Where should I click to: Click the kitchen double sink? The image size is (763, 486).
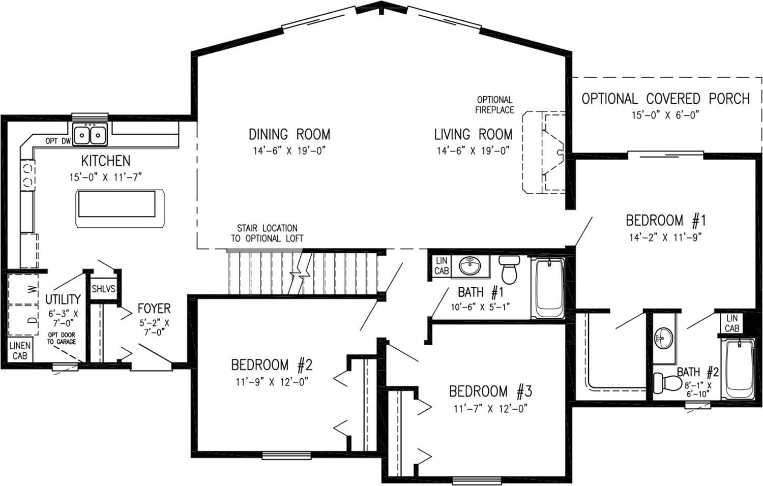90,135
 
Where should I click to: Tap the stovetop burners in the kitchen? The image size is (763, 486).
27,174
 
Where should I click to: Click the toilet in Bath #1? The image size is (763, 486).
509,269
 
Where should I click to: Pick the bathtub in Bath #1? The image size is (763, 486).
548,288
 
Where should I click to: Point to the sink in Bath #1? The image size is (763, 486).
471,266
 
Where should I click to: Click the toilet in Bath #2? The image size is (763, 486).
666,382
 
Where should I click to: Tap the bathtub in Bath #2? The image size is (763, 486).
738,369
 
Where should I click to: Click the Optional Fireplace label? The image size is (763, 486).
494,105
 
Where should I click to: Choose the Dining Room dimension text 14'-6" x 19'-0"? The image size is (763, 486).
289,151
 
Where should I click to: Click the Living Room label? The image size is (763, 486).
473,135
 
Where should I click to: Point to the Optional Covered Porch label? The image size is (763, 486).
665,99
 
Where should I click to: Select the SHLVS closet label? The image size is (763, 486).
103,289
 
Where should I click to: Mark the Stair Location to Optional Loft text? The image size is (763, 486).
267,233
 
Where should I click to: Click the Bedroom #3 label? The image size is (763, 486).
490,391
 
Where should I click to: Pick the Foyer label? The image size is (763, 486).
154,309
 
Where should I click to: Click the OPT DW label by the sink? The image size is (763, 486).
57,141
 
